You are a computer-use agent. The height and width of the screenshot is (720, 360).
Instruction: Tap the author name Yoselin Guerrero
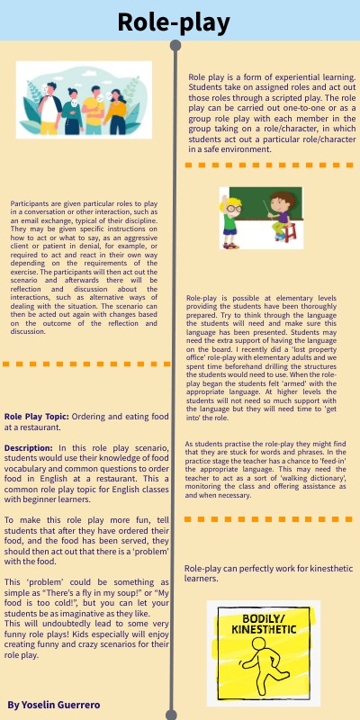53,704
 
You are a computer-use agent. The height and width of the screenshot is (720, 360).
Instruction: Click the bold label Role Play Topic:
36,418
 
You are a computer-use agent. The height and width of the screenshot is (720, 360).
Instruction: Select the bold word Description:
28,447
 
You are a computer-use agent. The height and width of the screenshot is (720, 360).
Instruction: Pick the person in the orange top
94,105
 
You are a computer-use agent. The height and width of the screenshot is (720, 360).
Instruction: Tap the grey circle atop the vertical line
174,46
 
